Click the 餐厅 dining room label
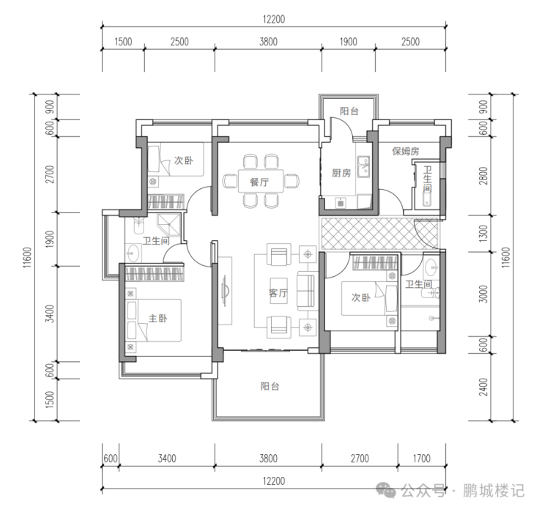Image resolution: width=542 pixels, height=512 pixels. [259, 182]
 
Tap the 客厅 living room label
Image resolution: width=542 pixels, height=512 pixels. [278, 293]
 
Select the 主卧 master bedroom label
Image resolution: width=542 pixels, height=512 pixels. [157, 318]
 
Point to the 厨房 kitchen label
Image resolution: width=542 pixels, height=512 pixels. [341, 173]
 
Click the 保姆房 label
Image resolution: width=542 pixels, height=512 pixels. [406, 151]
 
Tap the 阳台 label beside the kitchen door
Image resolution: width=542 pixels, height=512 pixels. [349, 111]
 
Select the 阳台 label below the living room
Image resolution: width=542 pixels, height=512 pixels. [270, 386]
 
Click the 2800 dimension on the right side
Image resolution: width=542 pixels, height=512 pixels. [483, 176]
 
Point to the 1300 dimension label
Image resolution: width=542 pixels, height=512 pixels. [483, 234]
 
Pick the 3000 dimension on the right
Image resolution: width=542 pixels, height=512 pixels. [483, 294]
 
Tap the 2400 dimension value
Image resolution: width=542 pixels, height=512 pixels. [483, 387]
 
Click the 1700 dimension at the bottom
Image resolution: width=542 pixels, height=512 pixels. [421, 459]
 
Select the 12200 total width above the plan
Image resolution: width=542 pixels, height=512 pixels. [274, 19]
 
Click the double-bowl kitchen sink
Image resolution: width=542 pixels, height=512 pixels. [363, 166]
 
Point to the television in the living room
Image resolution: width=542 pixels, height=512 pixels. [224, 290]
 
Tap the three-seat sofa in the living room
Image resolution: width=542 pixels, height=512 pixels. [306, 290]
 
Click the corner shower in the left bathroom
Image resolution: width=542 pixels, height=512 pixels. [169, 225]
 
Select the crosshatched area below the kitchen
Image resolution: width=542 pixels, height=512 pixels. [379, 234]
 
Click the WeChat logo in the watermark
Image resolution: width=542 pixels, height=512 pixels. [386, 490]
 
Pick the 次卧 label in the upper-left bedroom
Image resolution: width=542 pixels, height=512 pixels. [183, 160]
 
